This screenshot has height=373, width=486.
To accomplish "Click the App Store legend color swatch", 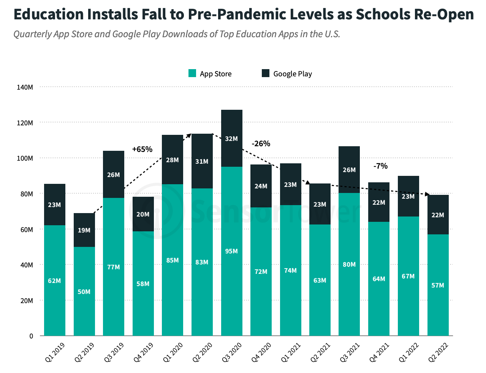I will pyautogui.click(x=192, y=73).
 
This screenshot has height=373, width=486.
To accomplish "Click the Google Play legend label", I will pyautogui.click(x=292, y=74).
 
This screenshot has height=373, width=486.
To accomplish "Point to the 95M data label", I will pyautogui.click(x=231, y=251).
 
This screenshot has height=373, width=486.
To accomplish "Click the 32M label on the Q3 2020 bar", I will pyautogui.click(x=231, y=139).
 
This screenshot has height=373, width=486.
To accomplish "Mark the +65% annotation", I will pyautogui.click(x=142, y=149).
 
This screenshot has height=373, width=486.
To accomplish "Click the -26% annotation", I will pyautogui.click(x=261, y=144).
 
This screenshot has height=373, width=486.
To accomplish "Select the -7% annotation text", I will pyautogui.click(x=380, y=166).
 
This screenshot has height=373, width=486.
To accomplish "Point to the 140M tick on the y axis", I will pyautogui.click(x=25, y=87).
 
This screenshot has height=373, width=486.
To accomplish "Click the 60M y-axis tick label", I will pyautogui.click(x=25, y=229).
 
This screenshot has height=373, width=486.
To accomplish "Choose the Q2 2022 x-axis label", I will pyautogui.click(x=438, y=352).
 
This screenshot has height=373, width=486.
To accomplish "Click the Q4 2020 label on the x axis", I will pyautogui.click(x=261, y=352).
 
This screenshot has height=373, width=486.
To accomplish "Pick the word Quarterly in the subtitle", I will pyautogui.click(x=32, y=34).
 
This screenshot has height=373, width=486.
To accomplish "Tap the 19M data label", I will pyautogui.click(x=84, y=230).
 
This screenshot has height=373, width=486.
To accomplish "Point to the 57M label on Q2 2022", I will pyautogui.click(x=438, y=285).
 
